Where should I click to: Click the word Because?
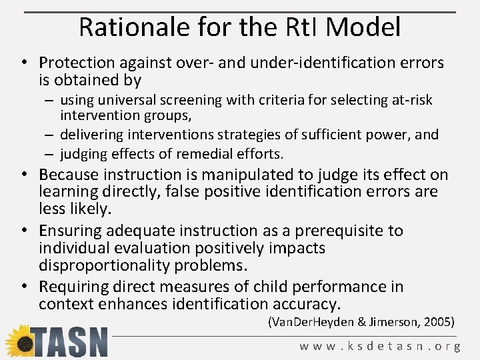coord(68,175)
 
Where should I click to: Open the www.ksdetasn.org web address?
coord(380,346)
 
